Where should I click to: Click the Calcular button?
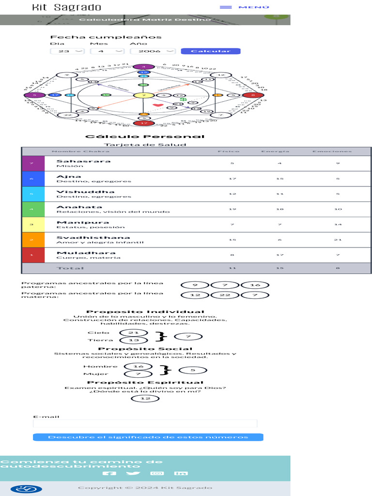(210, 51)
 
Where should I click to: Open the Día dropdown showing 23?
(67, 51)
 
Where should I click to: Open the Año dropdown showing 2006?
(153, 51)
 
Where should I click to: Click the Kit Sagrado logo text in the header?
(67, 7)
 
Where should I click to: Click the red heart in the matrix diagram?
(157, 105)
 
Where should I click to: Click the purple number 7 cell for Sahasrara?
(33, 163)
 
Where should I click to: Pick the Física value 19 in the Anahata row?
(232, 209)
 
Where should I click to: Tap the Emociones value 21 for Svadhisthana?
(338, 240)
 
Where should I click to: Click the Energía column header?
(275, 151)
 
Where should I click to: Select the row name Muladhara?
(79, 253)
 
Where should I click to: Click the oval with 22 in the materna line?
(225, 295)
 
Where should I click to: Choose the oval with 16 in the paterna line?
(255, 285)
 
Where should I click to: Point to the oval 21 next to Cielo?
(134, 332)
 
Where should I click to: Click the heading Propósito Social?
(145, 349)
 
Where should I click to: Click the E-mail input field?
(145, 424)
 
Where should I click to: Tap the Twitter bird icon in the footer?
(133, 473)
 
